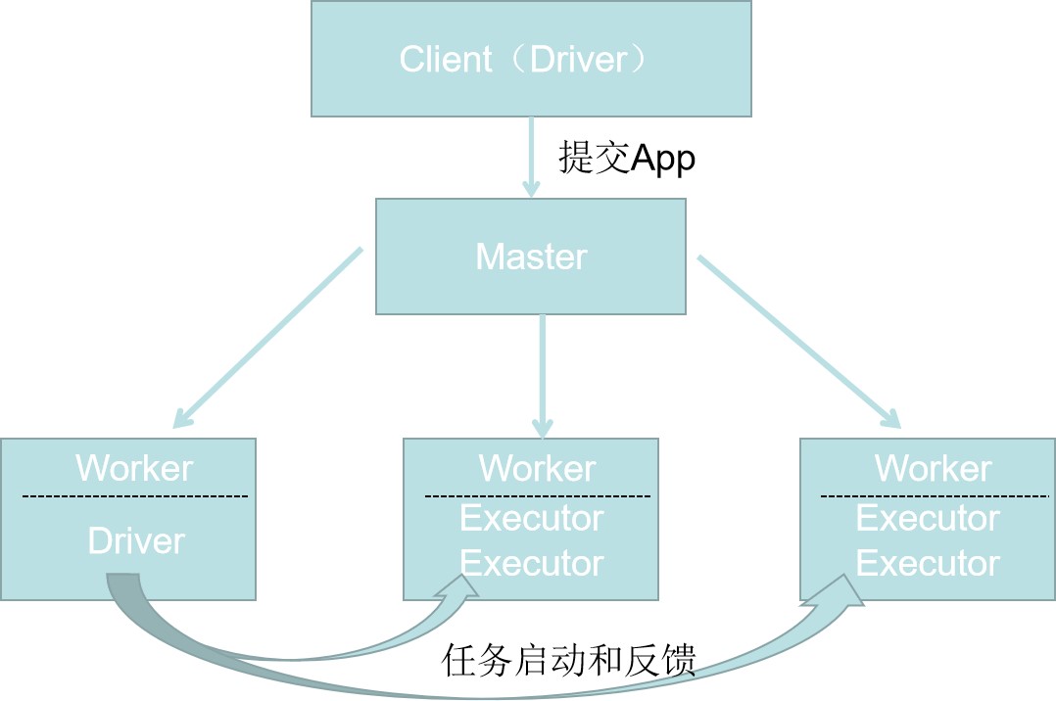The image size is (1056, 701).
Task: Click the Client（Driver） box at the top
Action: pos(531,59)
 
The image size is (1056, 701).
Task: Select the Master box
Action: pos(531,257)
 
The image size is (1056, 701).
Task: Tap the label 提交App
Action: pos(627,158)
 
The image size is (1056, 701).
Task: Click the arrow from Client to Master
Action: pos(531,157)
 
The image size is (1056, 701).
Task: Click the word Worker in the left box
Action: pos(134,468)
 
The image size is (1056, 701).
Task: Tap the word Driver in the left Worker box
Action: pos(136,541)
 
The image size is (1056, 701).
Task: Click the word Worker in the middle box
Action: pos(537,469)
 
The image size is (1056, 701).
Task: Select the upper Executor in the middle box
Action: pos(532,518)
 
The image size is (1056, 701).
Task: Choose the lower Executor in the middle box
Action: pos(532,564)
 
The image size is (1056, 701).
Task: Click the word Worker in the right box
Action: pos(933,469)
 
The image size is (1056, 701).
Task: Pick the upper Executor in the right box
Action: pos(928,518)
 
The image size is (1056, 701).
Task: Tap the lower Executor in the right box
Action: pos(928,564)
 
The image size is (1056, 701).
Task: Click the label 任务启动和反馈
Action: pos(569,662)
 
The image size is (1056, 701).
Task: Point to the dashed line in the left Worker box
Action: pos(135,496)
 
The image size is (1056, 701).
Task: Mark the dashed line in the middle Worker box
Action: pos(537,496)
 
